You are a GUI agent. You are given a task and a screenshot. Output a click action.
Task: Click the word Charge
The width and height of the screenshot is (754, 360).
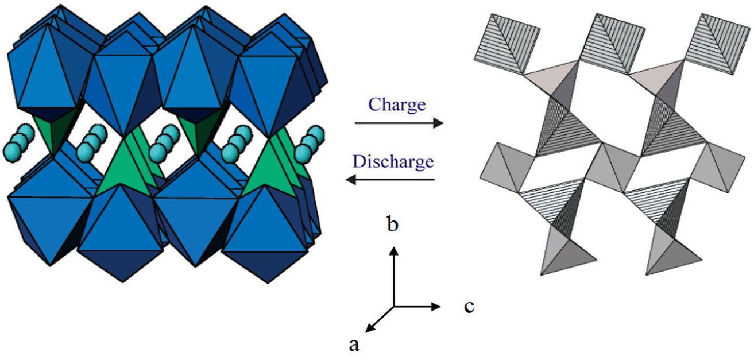coord(397,105)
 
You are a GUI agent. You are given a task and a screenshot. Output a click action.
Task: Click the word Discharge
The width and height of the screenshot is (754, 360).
coord(393,161)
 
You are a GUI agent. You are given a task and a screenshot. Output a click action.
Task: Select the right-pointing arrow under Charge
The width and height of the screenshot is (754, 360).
coord(399,123)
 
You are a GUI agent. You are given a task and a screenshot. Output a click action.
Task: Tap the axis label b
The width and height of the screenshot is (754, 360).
coord(393,224)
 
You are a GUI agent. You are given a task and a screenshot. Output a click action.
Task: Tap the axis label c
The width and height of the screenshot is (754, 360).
coord(469,307)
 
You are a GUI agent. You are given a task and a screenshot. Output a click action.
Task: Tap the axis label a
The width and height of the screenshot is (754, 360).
coord(354,344)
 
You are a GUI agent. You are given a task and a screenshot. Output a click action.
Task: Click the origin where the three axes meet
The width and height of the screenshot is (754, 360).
coord(393,306)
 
